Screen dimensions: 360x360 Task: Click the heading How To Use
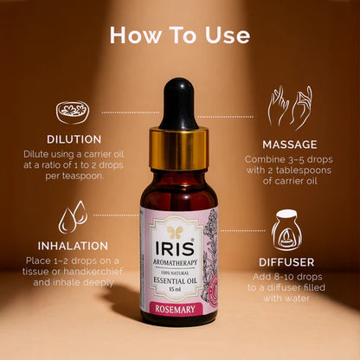click(180, 35)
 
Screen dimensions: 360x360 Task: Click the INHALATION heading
click(72, 246)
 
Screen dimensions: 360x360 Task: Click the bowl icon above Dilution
click(72, 112)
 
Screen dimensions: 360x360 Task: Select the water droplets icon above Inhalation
click(72, 217)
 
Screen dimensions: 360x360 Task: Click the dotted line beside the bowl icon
click(130, 112)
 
